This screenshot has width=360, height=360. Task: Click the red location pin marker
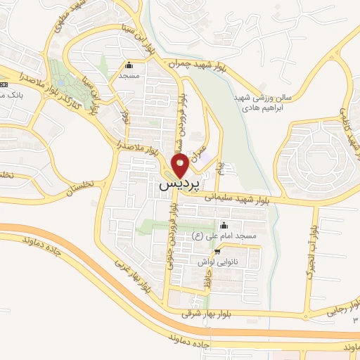point(180,166)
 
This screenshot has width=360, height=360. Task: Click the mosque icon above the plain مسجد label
point(128,65)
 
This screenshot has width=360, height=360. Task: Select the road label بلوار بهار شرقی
point(210,313)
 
